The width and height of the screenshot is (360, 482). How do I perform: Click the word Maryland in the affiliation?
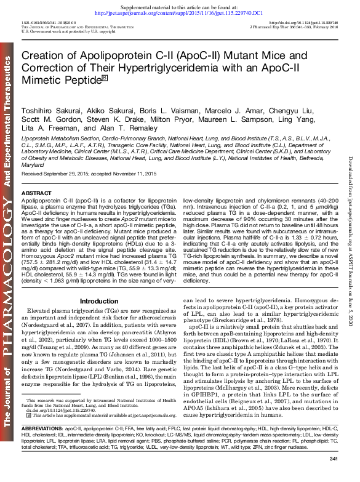coord(33,165)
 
